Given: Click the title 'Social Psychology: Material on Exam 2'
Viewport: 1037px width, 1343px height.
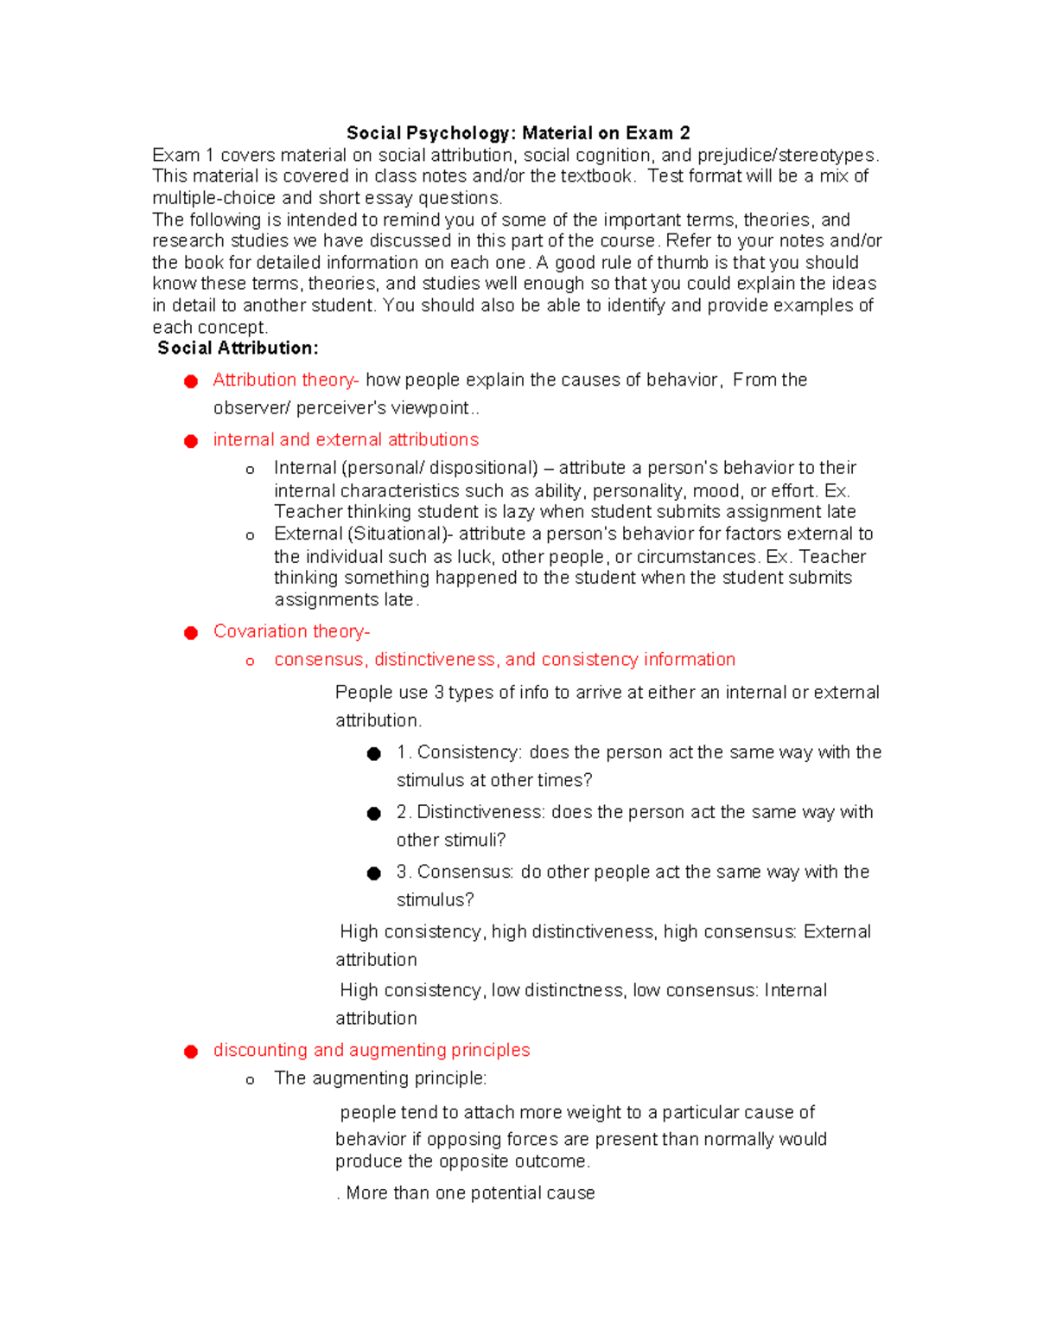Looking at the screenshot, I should [x=518, y=133].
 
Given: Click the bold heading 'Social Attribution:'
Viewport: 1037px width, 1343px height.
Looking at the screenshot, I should [x=238, y=349].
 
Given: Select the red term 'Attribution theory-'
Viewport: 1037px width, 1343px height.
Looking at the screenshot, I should [x=285, y=381].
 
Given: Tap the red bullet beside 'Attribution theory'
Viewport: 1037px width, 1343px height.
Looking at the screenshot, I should [x=191, y=382].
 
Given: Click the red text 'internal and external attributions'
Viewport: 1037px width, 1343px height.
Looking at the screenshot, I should [x=346, y=440].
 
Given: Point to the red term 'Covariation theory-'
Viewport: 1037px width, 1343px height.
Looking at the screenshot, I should [x=291, y=632].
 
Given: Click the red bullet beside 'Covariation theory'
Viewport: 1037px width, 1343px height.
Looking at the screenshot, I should [x=191, y=634].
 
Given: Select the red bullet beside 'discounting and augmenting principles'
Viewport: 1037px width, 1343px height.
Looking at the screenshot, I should [x=191, y=1052].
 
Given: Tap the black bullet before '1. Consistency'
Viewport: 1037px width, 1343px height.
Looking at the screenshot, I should [x=373, y=754].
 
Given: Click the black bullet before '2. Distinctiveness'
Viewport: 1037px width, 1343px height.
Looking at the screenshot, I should [x=373, y=814].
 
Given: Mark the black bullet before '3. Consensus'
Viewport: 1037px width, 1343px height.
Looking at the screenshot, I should [x=373, y=873].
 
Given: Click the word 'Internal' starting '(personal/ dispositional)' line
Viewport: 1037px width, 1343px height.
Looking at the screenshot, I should [x=305, y=469].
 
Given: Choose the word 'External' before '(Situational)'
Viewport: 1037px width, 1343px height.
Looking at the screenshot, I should [x=308, y=534].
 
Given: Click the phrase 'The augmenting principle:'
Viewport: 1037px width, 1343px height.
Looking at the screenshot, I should [x=380, y=1078].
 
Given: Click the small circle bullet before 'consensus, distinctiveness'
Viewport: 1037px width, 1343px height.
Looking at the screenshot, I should [x=250, y=662].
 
